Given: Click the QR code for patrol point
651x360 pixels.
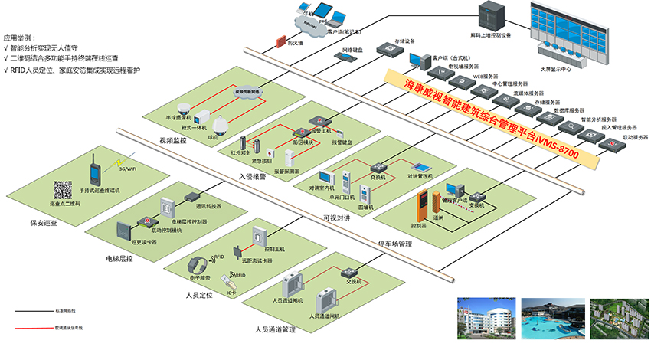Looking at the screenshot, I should [x=61, y=190].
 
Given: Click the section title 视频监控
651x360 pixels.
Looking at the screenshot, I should [x=173, y=140].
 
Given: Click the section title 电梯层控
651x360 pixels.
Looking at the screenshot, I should [x=120, y=259].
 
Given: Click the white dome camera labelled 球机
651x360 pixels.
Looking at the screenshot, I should [x=221, y=124].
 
